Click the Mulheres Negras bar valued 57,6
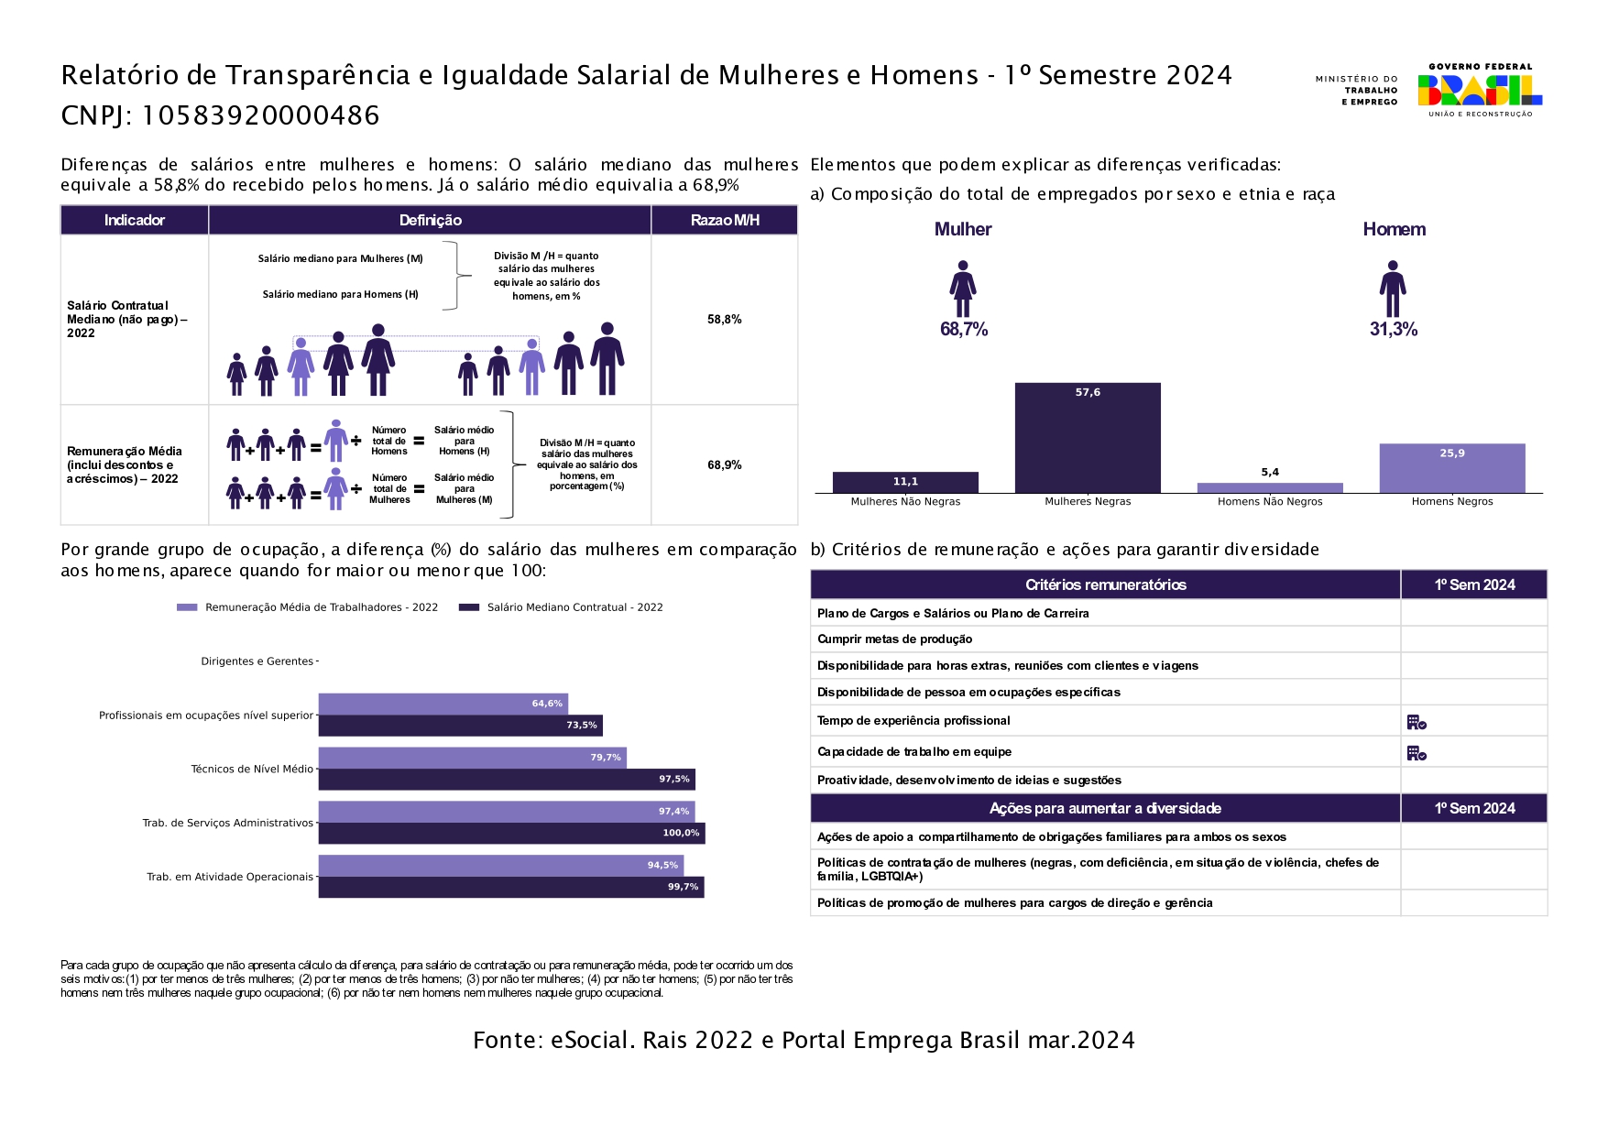(1088, 438)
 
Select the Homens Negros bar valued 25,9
(1452, 468)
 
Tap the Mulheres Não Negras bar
(905, 483)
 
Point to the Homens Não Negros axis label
(1270, 502)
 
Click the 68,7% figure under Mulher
(964, 330)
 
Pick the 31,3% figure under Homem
(1394, 330)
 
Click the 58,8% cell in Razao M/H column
(725, 320)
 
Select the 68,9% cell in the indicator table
(725, 465)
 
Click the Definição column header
(431, 220)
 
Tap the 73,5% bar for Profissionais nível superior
(461, 726)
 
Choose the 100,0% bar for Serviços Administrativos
(512, 833)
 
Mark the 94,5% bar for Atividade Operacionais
(501, 866)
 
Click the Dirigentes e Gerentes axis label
(257, 661)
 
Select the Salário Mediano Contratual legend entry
(561, 607)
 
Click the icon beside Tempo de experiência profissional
(1417, 723)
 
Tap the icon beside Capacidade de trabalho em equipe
(1417, 753)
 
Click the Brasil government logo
(1480, 90)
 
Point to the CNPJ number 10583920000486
(260, 115)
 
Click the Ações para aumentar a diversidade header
(1105, 808)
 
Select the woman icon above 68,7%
(963, 289)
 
